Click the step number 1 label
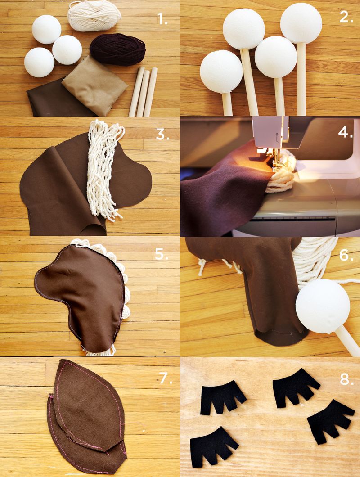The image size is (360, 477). coord(162,19)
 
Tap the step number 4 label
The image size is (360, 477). coord(346,132)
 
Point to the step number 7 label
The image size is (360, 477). coord(166,378)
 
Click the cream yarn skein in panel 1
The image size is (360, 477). coord(94,15)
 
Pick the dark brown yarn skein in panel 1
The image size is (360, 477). coord(118,49)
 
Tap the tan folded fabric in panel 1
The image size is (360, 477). coord(95,85)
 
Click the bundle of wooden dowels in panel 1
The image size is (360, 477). coord(144,91)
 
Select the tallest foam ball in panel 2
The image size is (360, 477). coord(301,23)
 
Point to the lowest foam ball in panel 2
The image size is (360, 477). coord(221,72)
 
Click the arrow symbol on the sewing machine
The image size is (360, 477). coord(277,137)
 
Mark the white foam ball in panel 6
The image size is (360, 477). coord(323,306)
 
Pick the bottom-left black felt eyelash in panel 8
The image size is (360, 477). coord(213,445)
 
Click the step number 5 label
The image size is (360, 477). coord(162,254)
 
